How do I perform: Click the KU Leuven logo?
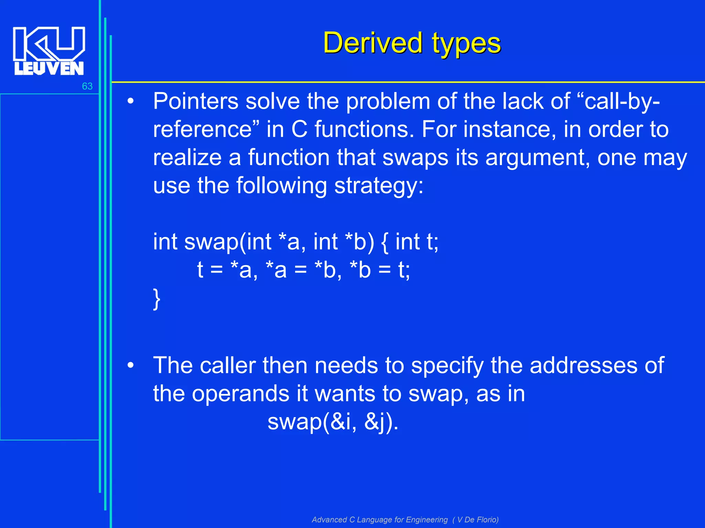tap(49, 51)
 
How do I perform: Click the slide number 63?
tap(87, 86)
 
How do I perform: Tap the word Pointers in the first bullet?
tap(196, 101)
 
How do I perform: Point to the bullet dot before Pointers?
tap(130, 102)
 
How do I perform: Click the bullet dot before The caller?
tap(130, 366)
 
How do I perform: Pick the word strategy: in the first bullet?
tap(379, 186)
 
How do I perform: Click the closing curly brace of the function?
tap(157, 299)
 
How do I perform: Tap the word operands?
tap(240, 394)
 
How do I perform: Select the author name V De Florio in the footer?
tap(477, 519)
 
